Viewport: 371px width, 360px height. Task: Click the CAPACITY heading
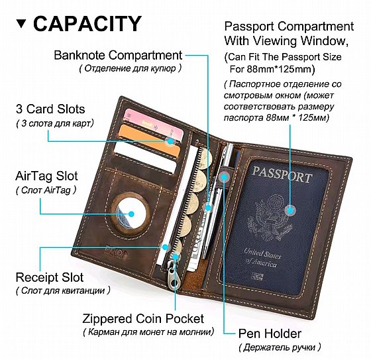87,23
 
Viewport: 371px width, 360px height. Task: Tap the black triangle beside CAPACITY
22,23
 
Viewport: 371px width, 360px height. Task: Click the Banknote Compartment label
118,56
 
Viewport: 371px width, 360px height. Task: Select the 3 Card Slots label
50,109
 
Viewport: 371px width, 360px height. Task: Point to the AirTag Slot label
46,176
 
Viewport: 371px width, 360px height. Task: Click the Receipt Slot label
50,277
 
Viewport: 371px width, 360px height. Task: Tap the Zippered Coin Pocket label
143,319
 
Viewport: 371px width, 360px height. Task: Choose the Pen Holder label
270,333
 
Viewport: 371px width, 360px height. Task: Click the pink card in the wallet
153,123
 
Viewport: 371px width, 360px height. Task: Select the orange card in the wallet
150,141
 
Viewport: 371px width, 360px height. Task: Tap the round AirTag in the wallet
131,213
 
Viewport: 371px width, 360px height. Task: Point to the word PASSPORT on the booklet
282,174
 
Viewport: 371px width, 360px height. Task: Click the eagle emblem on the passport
271,217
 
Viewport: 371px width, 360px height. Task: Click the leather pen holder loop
224,176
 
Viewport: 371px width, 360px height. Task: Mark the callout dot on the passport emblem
290,210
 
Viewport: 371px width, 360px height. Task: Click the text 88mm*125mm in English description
281,69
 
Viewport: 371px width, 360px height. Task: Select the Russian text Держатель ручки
280,347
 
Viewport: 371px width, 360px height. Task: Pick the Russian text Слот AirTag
46,190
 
